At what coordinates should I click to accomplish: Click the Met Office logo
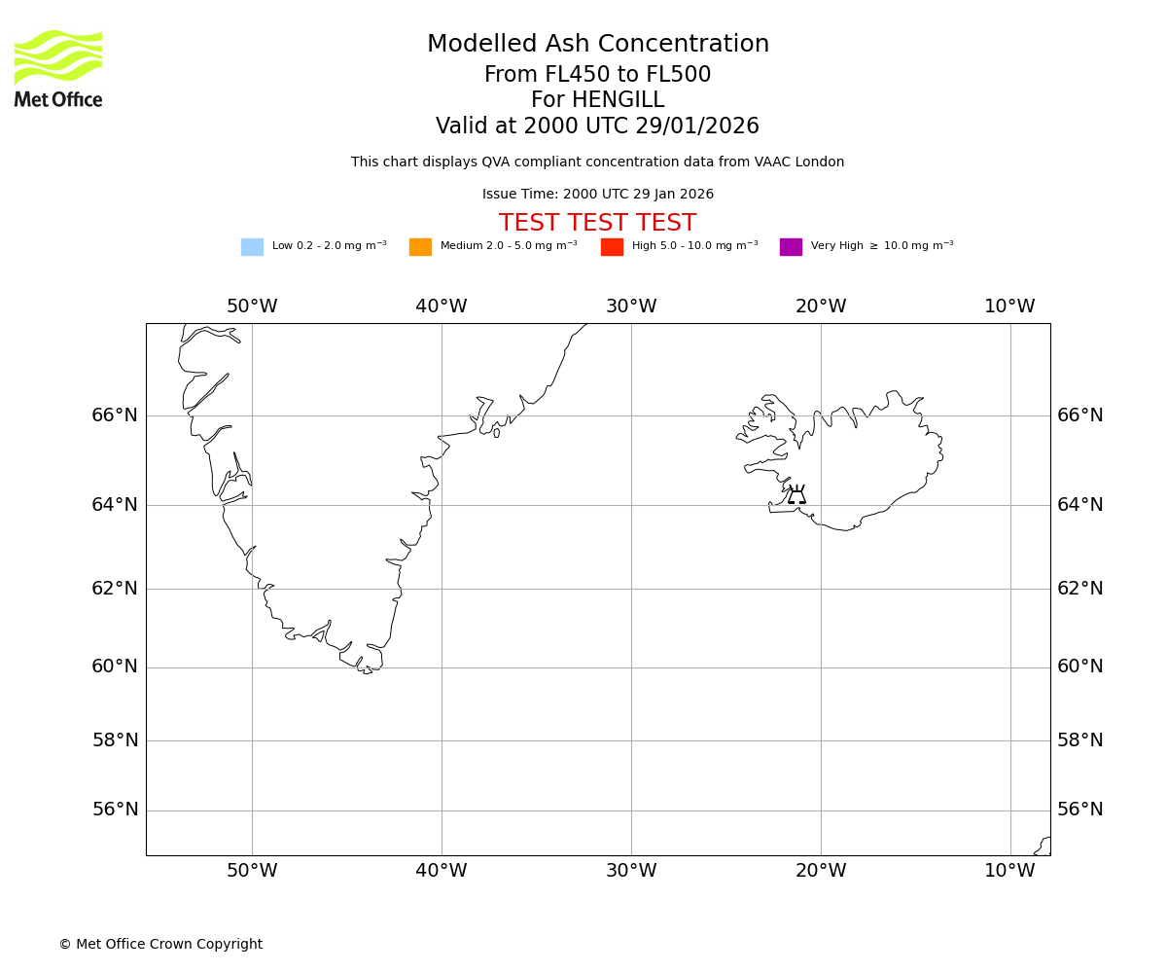[58, 68]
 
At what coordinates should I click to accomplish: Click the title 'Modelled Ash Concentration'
[597, 45]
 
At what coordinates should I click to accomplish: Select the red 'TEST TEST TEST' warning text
[597, 223]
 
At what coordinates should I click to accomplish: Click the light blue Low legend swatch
[252, 247]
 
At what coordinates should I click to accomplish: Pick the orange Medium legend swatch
[420, 247]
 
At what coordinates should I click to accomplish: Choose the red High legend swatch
[612, 247]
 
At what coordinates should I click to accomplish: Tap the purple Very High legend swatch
[791, 247]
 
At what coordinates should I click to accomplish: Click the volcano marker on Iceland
[796, 495]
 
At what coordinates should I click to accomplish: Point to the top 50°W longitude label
[252, 306]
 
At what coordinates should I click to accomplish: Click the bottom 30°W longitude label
[631, 871]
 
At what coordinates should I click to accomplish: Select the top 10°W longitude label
[1009, 306]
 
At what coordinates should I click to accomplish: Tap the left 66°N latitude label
[115, 415]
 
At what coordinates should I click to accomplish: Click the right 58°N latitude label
[1080, 740]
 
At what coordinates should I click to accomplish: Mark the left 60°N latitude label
[115, 667]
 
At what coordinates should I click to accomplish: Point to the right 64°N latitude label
[1080, 505]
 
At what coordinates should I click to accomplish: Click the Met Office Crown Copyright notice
[160, 945]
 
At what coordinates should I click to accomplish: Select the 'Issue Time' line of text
[597, 195]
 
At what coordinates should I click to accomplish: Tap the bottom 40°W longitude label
[442, 871]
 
